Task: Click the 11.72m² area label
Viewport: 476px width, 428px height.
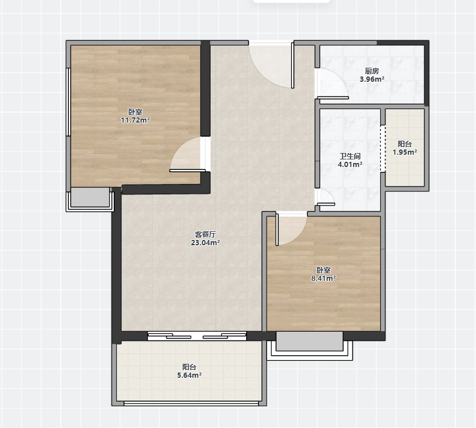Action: (135, 120)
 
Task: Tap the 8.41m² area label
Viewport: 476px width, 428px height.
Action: (324, 278)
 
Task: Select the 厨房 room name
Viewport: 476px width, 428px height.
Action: (372, 71)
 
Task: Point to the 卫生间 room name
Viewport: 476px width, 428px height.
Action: (350, 156)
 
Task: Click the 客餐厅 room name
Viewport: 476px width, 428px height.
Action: (205, 235)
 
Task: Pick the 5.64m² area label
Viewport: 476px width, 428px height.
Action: (190, 375)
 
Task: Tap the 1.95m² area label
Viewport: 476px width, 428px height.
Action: (405, 152)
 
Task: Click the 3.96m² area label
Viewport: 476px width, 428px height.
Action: (372, 79)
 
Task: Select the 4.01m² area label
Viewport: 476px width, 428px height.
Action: (350, 164)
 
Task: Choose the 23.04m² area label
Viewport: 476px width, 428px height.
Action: (205, 242)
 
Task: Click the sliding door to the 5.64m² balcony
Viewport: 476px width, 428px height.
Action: (197, 336)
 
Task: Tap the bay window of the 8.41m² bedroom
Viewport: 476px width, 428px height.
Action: (310, 346)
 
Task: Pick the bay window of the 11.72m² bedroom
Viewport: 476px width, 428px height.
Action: (90, 199)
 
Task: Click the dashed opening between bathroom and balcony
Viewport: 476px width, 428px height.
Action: (383, 149)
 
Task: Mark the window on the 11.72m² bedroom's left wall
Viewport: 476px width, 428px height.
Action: (69, 102)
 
